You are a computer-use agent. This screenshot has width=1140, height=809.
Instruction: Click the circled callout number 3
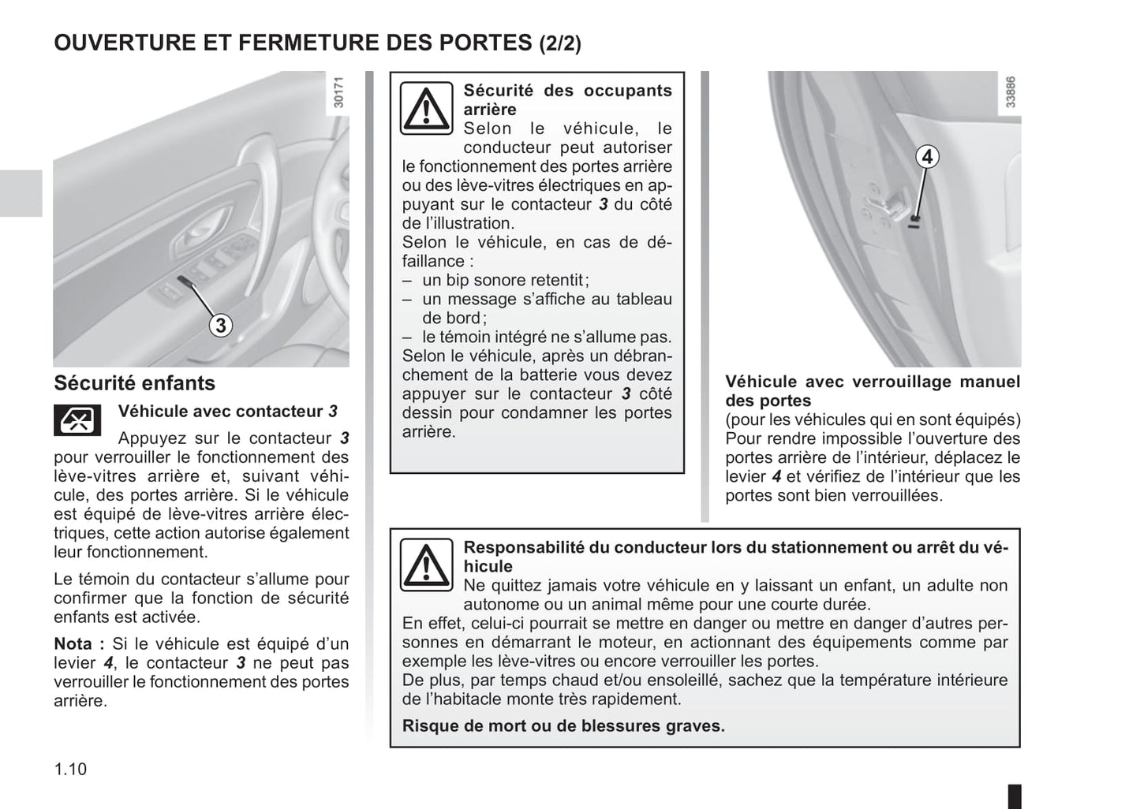point(221,325)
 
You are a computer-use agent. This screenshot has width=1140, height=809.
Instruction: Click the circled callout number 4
point(928,157)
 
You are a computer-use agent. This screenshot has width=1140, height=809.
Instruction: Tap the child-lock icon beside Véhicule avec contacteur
point(77,420)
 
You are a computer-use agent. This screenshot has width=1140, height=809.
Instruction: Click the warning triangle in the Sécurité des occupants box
point(426,108)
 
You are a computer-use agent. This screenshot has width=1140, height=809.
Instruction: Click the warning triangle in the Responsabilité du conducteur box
point(426,565)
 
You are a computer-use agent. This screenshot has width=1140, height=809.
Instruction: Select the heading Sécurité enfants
point(134,383)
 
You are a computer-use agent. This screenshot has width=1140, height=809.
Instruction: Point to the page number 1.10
point(70,769)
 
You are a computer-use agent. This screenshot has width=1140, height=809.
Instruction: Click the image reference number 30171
point(339,92)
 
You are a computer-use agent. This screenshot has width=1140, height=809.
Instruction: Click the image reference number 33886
point(1011,92)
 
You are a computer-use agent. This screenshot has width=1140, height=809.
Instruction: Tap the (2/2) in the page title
point(560,43)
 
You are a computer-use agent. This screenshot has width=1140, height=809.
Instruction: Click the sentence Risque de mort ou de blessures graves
point(563,725)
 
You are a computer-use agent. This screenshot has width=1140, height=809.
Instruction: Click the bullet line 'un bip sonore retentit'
point(505,280)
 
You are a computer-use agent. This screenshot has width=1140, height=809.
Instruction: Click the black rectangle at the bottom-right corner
point(1015,795)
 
